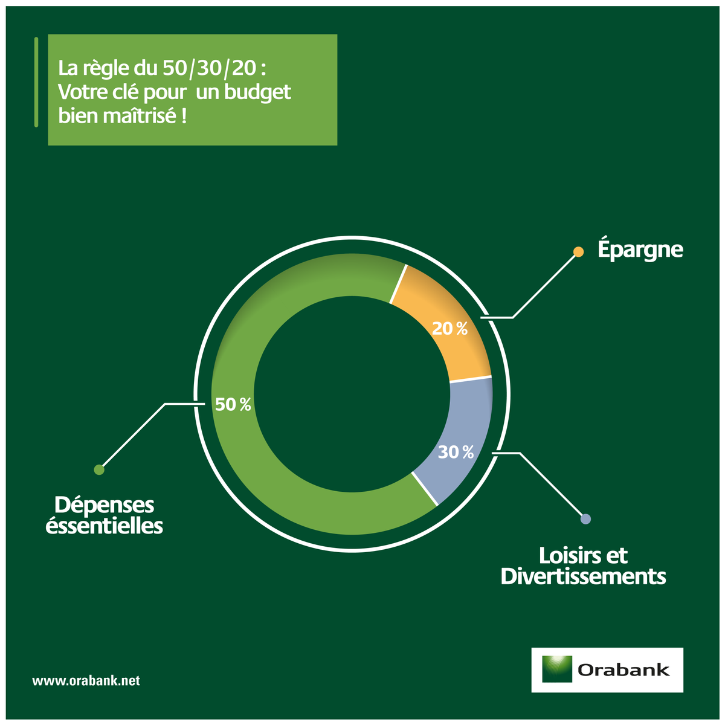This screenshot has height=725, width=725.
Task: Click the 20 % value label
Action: click(449, 329)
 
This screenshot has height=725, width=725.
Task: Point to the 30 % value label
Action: click(456, 452)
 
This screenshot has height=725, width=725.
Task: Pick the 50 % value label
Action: click(233, 404)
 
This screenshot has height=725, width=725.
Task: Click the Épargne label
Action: click(640, 250)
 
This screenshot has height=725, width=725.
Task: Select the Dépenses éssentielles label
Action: click(104, 515)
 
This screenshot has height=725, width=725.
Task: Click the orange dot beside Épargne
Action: click(578, 252)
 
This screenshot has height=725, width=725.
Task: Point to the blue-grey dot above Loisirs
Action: click(585, 519)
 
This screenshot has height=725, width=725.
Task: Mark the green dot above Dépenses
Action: click(99, 469)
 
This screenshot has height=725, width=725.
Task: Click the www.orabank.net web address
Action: click(86, 681)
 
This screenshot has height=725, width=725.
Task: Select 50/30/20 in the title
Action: click(210, 68)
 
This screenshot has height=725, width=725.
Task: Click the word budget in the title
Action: click(258, 92)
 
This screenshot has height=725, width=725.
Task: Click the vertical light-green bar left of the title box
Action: click(36, 82)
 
